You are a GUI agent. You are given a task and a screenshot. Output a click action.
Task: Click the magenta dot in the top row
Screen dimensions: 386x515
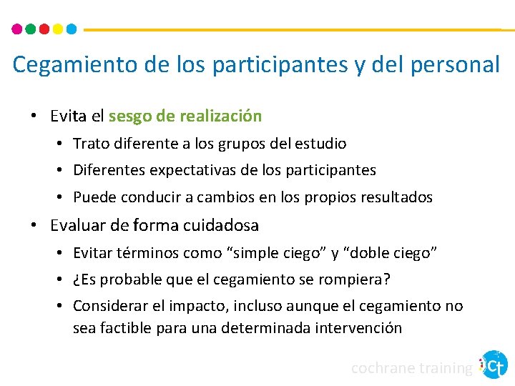coord(17,29)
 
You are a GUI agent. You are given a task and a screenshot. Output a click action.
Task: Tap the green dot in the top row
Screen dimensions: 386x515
coord(31,29)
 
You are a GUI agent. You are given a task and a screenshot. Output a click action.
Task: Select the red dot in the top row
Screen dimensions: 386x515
coord(44,29)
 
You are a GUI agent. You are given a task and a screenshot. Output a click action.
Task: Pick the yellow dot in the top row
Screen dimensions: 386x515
coord(58,29)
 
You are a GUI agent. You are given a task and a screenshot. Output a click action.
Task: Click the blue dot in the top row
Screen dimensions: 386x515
coord(72,29)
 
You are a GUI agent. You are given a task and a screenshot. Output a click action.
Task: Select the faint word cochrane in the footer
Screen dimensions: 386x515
coord(382,369)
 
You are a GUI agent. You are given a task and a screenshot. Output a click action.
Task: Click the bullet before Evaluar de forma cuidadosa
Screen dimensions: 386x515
coord(34,226)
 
